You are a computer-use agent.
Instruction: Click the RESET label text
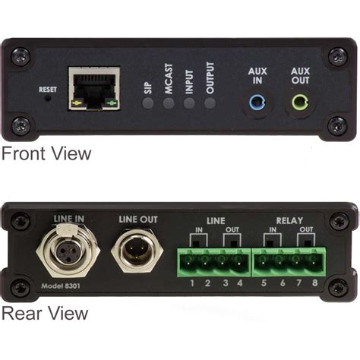pyautogui.click(x=47, y=89)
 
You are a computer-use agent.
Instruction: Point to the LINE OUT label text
pyautogui.click(x=137, y=219)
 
